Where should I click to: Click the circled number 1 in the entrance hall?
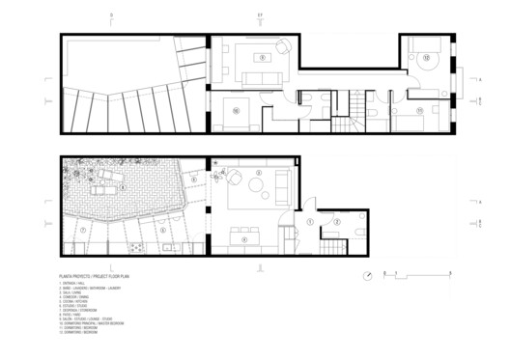click(308, 221)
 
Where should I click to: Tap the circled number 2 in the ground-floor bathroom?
click(337, 221)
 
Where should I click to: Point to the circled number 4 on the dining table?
click(244, 238)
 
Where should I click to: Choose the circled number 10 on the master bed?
click(235, 111)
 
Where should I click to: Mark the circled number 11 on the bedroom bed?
click(419, 111)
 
